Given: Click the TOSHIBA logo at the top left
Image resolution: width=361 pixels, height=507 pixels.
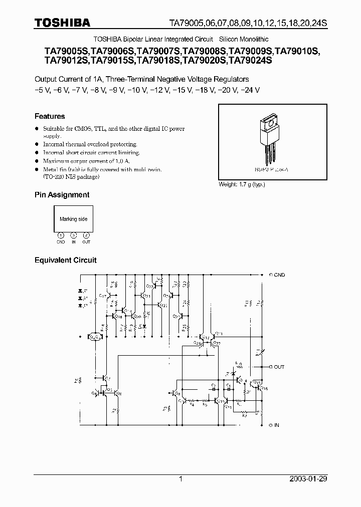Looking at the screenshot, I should point(62,23).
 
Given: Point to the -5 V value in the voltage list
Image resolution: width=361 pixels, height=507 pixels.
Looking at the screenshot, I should point(41,90).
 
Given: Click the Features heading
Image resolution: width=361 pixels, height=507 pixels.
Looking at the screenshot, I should point(50,116).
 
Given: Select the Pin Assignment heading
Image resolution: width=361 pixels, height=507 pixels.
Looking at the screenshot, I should point(62,194).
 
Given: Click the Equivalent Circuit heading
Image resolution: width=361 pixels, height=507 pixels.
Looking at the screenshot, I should point(65,260).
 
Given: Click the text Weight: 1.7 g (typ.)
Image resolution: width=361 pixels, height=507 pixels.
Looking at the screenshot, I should point(242,184).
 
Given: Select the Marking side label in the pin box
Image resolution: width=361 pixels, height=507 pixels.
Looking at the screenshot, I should point(73,219).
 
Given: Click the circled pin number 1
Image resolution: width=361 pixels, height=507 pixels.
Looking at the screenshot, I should point(61,235).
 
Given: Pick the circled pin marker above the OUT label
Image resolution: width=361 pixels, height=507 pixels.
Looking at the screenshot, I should point(86,235).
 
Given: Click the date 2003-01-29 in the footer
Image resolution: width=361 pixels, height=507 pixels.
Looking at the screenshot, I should point(309,479).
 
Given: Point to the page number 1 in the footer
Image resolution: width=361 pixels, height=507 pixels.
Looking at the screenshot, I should point(180,479).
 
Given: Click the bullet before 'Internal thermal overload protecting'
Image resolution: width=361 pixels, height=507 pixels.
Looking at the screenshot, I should point(37,144).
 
